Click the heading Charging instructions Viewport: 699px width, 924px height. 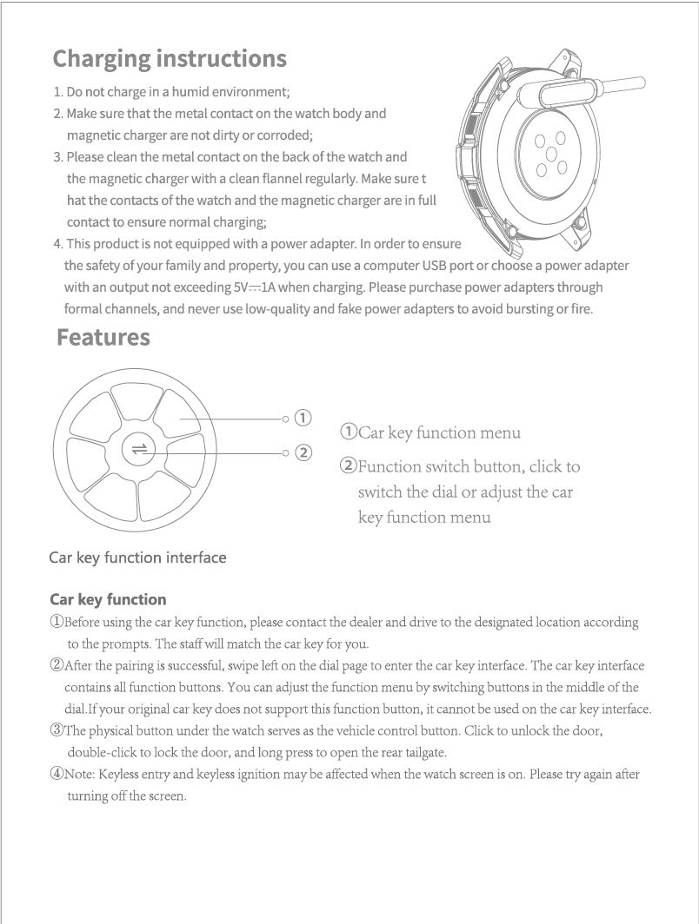(170, 59)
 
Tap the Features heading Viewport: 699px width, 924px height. (103, 337)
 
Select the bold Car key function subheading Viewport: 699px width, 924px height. (108, 599)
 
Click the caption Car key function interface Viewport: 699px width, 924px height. (137, 558)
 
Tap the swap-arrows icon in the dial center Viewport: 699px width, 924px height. (137, 448)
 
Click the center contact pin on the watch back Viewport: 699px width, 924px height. (549, 154)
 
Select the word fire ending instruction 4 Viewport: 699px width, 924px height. (580, 308)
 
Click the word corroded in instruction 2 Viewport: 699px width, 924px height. (264, 135)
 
